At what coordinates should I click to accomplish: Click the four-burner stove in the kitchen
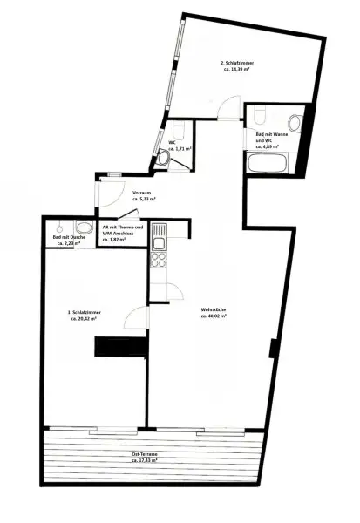tap(160, 259)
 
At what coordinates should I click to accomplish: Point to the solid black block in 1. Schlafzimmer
tap(112, 347)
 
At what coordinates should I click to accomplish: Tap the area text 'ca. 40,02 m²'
tap(214, 318)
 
